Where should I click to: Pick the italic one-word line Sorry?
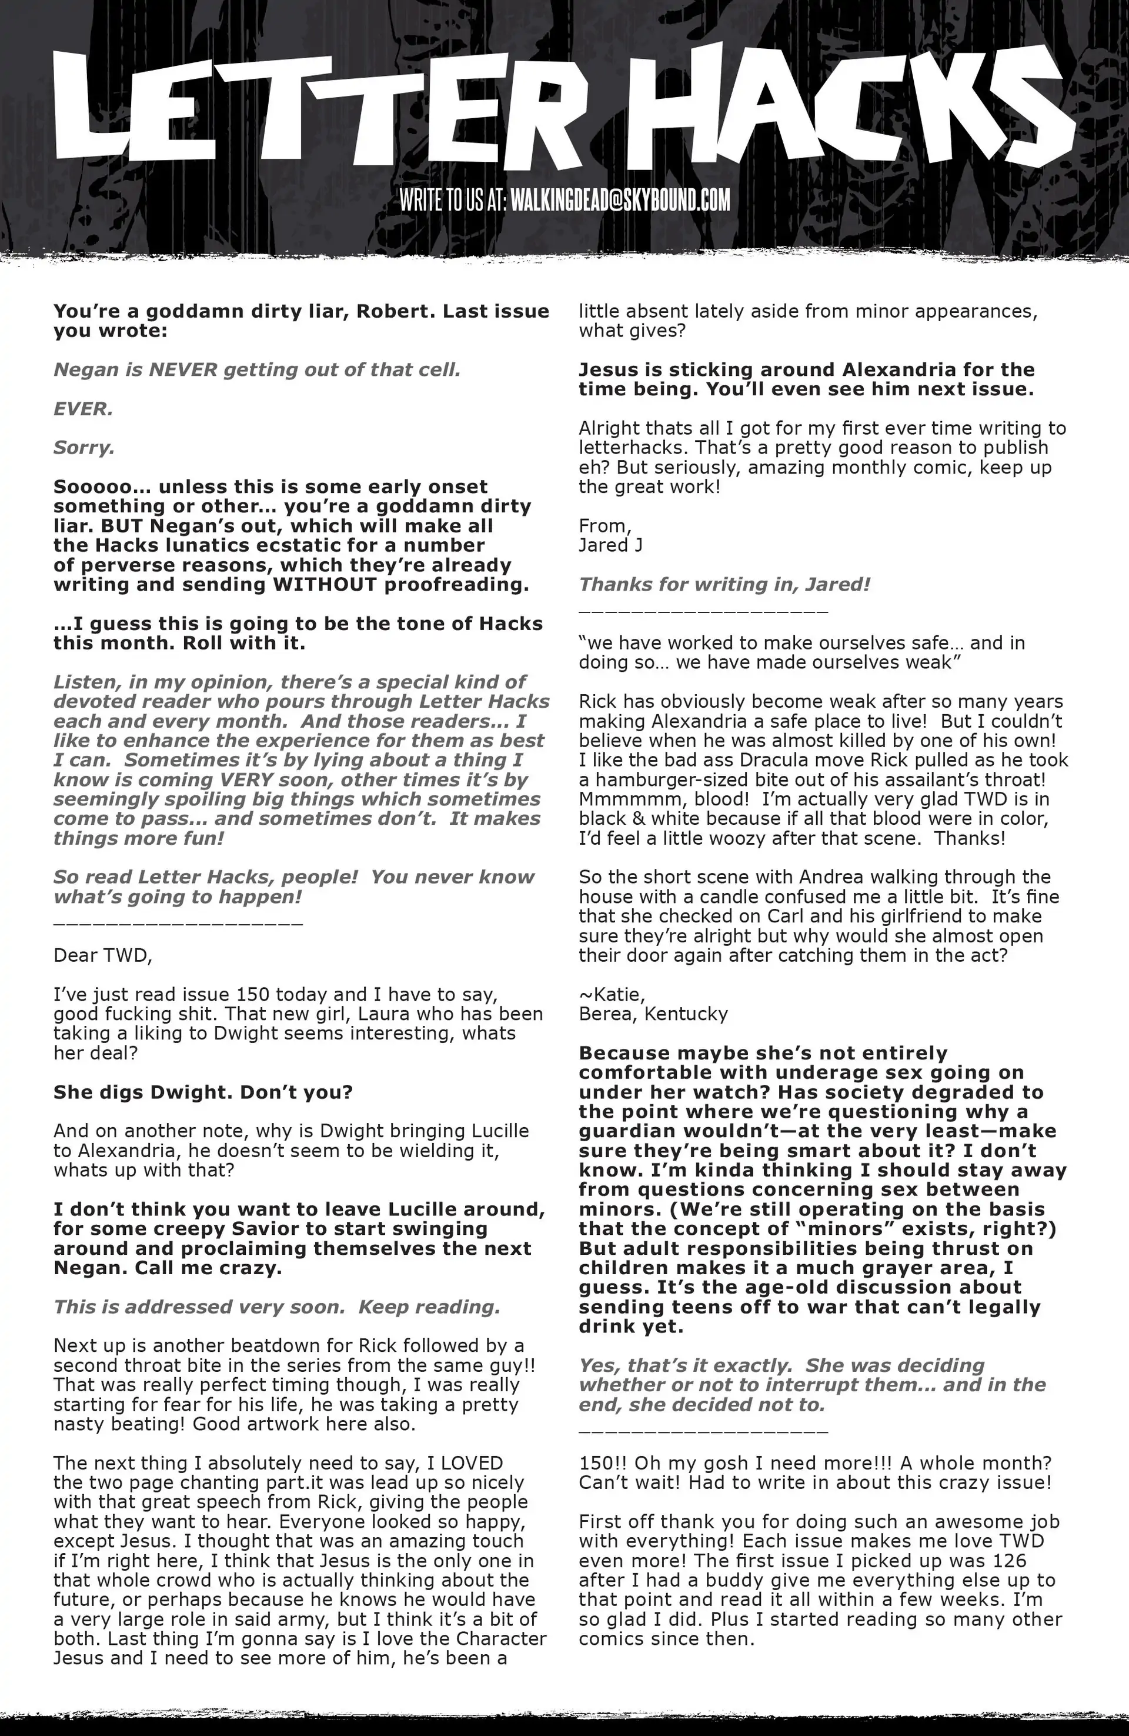pyautogui.click(x=84, y=447)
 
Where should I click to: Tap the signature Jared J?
pyautogui.click(x=610, y=545)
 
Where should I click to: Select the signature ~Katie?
pyautogui.click(x=611, y=994)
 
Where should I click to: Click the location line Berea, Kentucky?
pyautogui.click(x=653, y=1014)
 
